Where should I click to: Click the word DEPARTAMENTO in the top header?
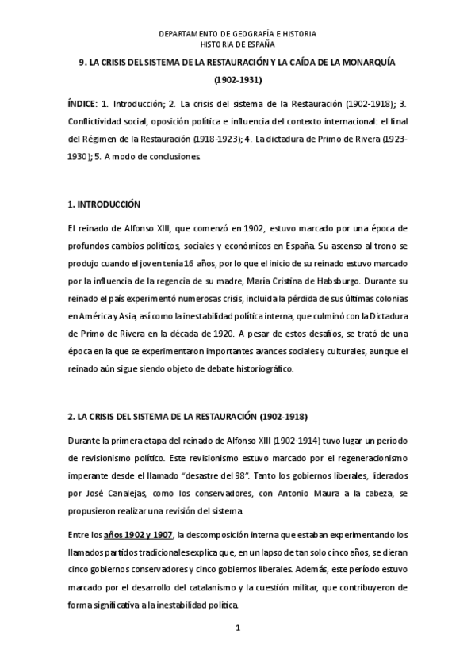187,34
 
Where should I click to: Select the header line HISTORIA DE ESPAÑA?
237,44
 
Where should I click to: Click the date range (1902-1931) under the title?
238,80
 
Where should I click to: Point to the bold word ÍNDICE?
81,104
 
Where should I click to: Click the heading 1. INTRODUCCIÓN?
104,204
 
